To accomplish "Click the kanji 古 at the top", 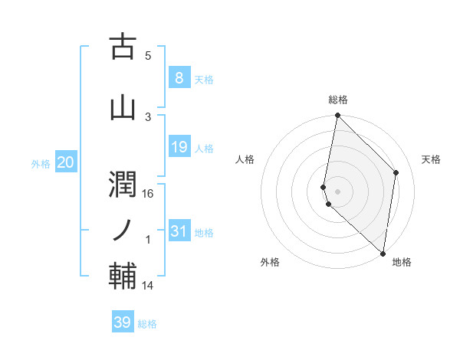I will pos(123,47).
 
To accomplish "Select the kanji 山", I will pos(123,107).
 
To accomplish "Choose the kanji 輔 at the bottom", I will pos(123,275).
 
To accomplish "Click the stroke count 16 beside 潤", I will pos(148,194).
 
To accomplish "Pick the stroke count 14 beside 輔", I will pos(148,286).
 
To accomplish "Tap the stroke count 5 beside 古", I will pos(148,56).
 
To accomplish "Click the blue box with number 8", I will pos(179,77).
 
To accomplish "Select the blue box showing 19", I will pos(179,146).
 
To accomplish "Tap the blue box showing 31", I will pos(179,231).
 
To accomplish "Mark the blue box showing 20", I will pos(66,162).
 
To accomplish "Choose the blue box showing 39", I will pos(122,322).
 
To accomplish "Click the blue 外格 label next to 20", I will pos(41,163).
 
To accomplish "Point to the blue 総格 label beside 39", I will pos(147,324).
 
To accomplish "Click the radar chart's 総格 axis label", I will pos(337,100).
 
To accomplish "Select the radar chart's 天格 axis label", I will pos(431,159).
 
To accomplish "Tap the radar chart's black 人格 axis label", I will pos(245,159).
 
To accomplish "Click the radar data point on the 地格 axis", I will pos(383,254).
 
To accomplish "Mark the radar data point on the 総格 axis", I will pos(337,116).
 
